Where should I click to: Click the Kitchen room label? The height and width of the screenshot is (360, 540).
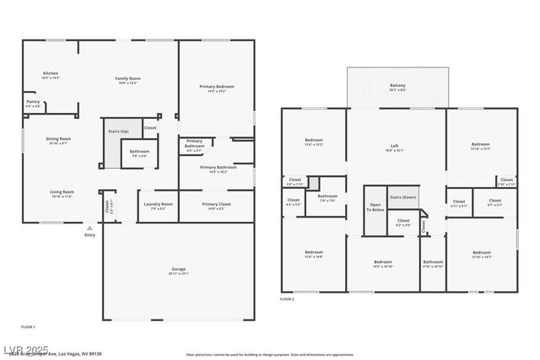[x=51, y=74]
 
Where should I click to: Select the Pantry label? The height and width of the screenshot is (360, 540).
[x=33, y=103]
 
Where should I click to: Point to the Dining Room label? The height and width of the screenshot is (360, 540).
[x=58, y=140]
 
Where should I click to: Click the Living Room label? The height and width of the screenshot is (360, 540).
[x=61, y=193]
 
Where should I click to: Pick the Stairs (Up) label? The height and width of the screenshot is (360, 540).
[x=118, y=132]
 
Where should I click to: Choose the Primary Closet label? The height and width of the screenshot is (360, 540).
[x=215, y=205]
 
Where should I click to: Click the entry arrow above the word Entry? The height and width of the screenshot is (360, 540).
[x=89, y=228]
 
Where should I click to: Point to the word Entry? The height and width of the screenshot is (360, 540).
[x=89, y=235]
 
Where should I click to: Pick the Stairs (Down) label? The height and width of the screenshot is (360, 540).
[x=403, y=196]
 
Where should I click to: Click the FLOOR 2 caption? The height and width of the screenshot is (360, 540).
[x=288, y=299]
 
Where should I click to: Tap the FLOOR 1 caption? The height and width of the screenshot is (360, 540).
[x=28, y=325]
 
